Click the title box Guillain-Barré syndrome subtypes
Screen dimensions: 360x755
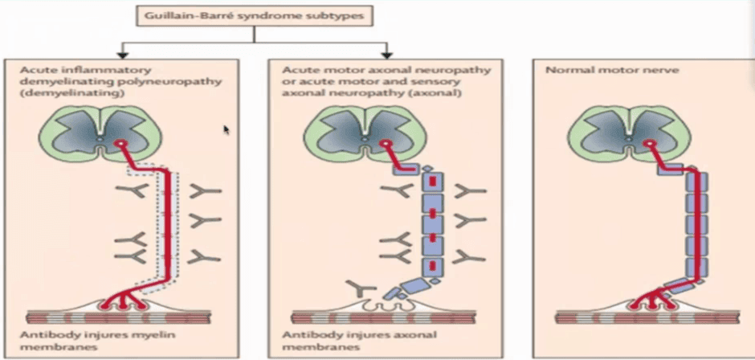coord(253,16)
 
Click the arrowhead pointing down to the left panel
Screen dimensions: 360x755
coord(123,54)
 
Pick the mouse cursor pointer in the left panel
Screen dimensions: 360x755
coord(226,129)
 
